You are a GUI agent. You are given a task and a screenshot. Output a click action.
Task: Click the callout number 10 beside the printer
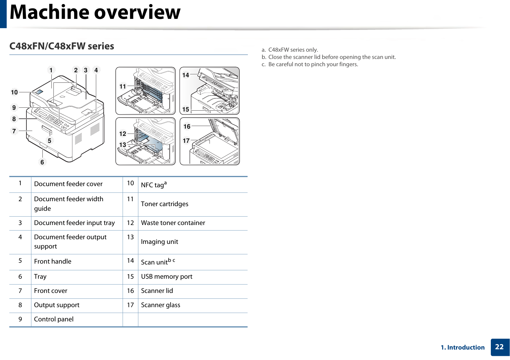pos(14,92)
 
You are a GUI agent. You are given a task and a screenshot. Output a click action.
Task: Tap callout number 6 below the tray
pos(42,162)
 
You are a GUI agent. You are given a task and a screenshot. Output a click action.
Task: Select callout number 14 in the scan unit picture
pos(185,75)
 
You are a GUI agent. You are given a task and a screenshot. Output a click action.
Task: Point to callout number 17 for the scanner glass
pos(186,141)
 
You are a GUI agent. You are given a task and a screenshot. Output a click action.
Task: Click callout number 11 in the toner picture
pos(123,87)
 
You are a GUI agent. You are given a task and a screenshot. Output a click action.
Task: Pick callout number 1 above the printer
pos(51,70)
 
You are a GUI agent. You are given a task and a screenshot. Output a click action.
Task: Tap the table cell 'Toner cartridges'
pos(164,204)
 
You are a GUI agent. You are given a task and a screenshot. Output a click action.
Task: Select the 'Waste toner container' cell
pos(173,223)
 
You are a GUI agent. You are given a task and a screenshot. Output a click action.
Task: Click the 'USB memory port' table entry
pos(167,277)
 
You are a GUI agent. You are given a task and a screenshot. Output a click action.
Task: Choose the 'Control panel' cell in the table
pos(54,319)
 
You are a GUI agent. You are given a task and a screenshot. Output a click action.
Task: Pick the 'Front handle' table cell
pos(53,262)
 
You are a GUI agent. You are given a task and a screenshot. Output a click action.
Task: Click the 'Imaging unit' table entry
pos(160,242)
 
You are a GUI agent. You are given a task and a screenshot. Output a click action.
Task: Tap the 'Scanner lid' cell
pos(157,291)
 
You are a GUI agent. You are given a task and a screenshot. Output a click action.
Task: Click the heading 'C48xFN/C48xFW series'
pos(62,46)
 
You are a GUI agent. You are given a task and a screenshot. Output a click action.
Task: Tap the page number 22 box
pos(499,347)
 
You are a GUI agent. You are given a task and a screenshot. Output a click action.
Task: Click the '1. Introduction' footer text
pos(463,348)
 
